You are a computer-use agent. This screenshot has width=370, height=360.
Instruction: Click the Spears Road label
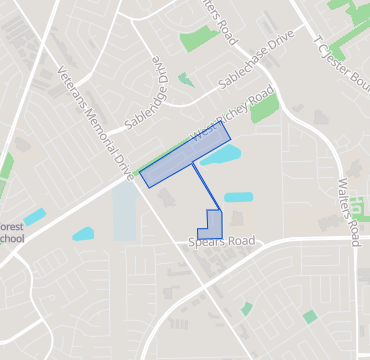click(x=222, y=242)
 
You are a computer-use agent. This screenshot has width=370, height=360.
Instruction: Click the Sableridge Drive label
click(x=159, y=77)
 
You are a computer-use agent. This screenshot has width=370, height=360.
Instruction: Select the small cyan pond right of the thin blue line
click(x=238, y=197)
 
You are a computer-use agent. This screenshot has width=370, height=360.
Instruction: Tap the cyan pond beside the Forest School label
click(x=34, y=216)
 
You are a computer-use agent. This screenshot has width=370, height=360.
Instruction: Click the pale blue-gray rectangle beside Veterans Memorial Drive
click(x=124, y=211)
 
